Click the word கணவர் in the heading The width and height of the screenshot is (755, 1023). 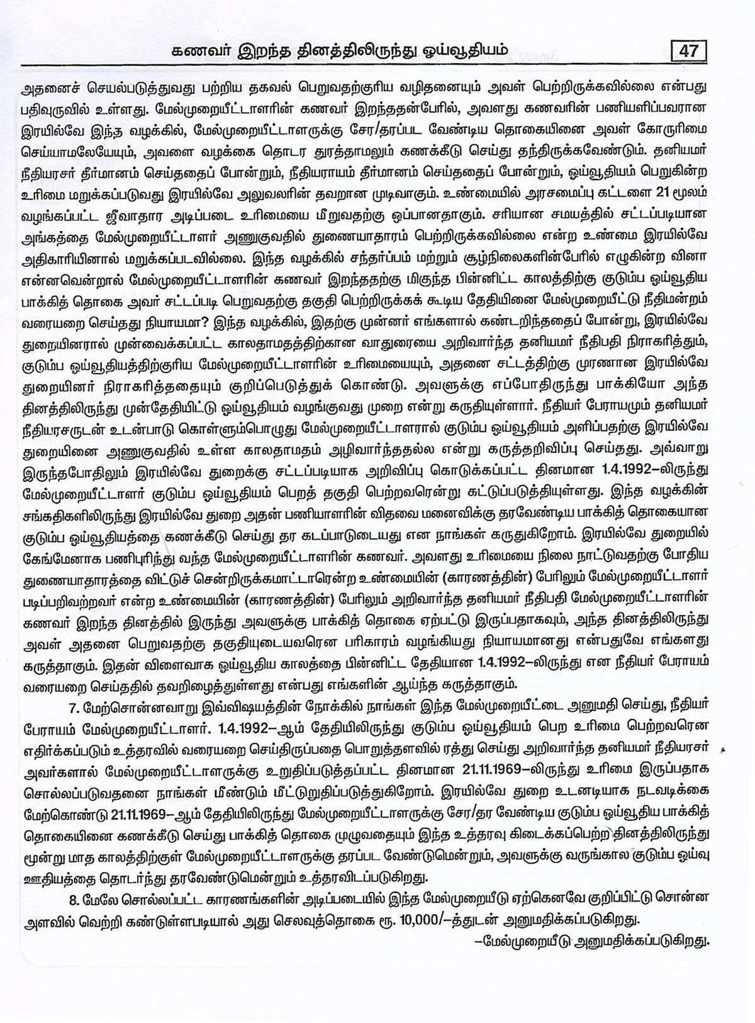(201, 49)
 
